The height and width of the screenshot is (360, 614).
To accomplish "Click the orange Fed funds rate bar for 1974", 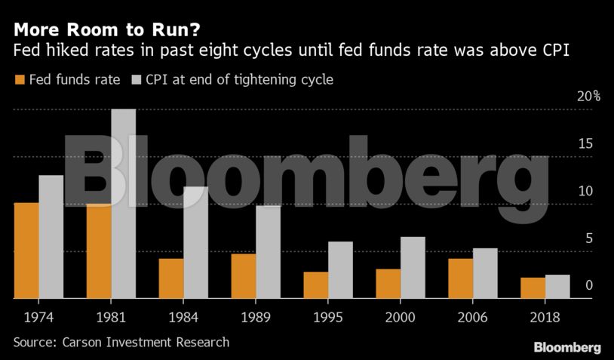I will coord(26,251).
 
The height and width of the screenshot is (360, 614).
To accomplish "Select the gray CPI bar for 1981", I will coord(124,204).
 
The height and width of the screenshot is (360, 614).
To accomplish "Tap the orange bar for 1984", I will coord(171,278).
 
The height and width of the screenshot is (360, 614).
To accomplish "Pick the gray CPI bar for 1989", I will coord(268,252).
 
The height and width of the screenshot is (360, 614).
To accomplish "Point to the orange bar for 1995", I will coord(316,285).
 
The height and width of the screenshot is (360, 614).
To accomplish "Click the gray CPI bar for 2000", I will coord(413,268).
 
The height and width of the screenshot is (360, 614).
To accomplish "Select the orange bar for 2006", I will coord(461,278).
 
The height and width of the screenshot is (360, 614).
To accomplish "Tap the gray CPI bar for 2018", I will coord(557,287).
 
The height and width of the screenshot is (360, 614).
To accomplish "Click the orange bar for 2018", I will coord(533,288).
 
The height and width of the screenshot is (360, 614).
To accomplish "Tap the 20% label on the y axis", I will coord(588,97).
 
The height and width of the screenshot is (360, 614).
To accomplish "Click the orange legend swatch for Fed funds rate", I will coord(19,80).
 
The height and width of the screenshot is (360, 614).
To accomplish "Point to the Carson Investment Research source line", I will coord(121,342).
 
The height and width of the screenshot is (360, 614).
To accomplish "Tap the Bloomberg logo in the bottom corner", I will coord(567,347).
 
